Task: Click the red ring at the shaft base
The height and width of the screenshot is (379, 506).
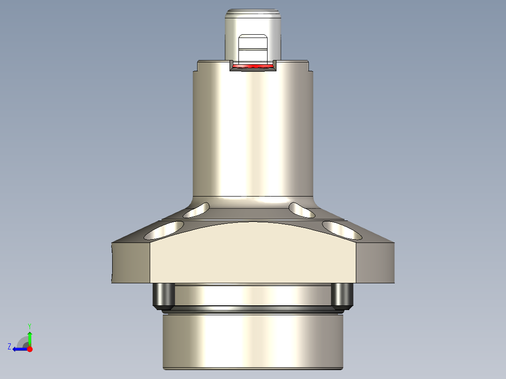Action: coord(253,67)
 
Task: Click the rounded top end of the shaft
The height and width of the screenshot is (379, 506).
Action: coord(253,13)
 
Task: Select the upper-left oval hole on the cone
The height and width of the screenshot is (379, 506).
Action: coord(196,210)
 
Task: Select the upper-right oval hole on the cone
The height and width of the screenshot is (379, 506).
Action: coord(302,210)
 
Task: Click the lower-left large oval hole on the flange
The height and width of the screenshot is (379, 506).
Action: coord(164,230)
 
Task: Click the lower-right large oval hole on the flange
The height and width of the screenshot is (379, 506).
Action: coord(342,230)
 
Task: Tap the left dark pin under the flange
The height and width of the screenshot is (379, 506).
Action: coord(163,295)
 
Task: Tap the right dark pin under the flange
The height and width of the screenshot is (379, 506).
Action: coord(342,295)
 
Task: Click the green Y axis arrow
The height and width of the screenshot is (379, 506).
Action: coord(30,337)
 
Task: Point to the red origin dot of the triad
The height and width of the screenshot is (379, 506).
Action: coord(30,349)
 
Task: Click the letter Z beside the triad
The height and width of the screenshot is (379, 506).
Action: coord(9,347)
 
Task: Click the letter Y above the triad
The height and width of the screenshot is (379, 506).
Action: coord(29,326)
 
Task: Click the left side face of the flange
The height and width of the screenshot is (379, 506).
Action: coord(130,263)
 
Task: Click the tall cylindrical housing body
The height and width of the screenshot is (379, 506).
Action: coord(253,136)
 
